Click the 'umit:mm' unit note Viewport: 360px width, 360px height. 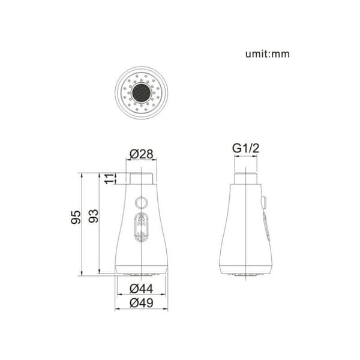point(268,54)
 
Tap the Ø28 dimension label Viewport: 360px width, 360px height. point(141,154)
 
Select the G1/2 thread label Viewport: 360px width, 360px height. point(245,148)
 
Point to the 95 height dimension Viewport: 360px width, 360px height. point(76,217)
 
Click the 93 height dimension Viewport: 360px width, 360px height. point(94,216)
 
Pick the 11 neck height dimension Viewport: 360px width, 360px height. point(109,179)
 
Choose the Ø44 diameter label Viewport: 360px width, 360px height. point(141,289)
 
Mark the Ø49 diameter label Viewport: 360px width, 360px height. point(141,303)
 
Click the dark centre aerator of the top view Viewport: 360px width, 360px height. point(141,93)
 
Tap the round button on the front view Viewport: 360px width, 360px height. point(141,202)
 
